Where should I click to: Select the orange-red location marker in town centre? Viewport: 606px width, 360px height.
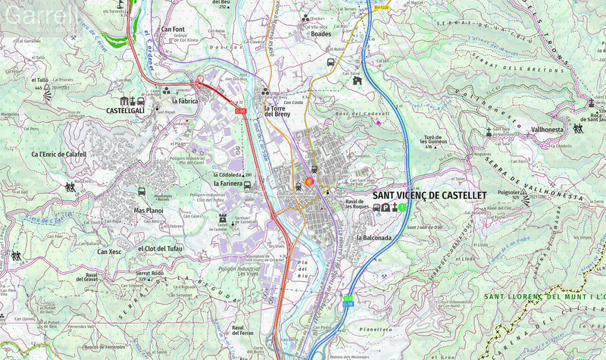coord(309,182)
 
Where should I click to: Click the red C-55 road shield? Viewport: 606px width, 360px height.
coord(241,111)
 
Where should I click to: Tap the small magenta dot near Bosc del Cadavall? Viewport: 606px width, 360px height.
coord(379,122)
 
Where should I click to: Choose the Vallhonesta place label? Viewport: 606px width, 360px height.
coord(548,130)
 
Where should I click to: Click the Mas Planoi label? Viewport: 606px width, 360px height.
coord(148,210)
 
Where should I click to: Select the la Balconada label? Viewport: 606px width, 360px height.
coord(373,238)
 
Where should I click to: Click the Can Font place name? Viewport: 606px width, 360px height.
coord(173,30)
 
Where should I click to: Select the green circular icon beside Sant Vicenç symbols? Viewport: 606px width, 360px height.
coord(403,207)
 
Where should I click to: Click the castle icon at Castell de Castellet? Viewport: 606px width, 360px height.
coord(222,218)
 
